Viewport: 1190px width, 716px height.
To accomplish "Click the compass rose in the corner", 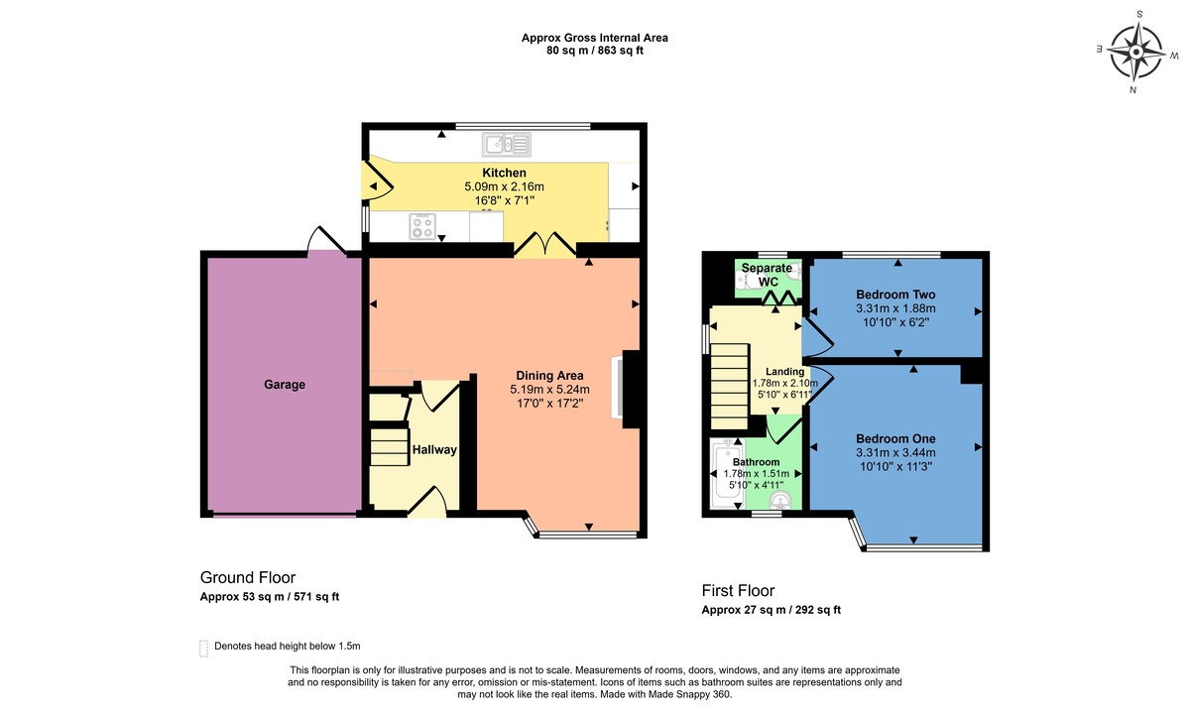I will coord(1135,51).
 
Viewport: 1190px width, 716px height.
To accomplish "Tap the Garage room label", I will coord(285,385).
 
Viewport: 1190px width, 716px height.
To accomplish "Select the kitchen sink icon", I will coord(508,146).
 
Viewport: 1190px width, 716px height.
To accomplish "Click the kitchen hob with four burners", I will coord(422,226).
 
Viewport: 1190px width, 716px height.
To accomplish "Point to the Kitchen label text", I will coord(504,173).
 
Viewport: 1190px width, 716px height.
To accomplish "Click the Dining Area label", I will coord(547,375).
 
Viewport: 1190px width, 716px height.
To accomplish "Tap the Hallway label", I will coord(434,450).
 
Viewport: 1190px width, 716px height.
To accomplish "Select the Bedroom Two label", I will coord(895,295).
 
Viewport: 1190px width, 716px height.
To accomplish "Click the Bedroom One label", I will coord(895,438).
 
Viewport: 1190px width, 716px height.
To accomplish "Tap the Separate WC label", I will coord(768,275).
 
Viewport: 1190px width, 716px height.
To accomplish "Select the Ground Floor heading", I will coord(248,577).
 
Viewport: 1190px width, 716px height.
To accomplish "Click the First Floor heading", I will coord(738,591).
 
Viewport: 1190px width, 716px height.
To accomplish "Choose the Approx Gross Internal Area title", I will coord(595,38).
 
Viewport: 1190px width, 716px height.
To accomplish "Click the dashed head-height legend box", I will coord(203,648).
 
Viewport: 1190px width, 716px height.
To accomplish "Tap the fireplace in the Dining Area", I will coord(630,389).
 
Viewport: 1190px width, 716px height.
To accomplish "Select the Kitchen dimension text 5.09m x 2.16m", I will coord(505,186).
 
